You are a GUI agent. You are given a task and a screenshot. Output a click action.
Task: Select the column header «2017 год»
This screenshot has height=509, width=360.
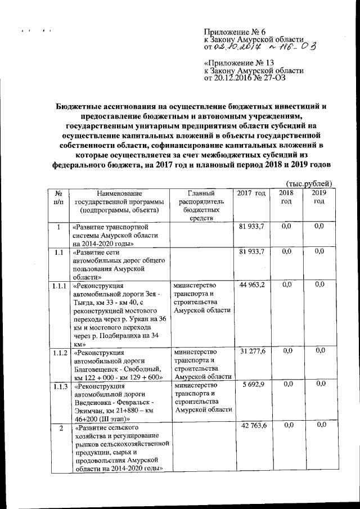point(251,193)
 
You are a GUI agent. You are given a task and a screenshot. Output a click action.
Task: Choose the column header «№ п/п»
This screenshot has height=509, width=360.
point(59,197)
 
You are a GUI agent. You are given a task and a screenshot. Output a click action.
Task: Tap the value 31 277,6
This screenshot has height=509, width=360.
point(251,351)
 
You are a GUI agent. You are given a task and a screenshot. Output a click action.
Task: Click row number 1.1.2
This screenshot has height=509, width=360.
point(59,352)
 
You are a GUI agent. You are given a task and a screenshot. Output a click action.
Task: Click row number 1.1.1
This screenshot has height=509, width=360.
point(59,286)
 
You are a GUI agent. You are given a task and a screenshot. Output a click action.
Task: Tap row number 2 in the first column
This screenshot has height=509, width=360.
point(59,429)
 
